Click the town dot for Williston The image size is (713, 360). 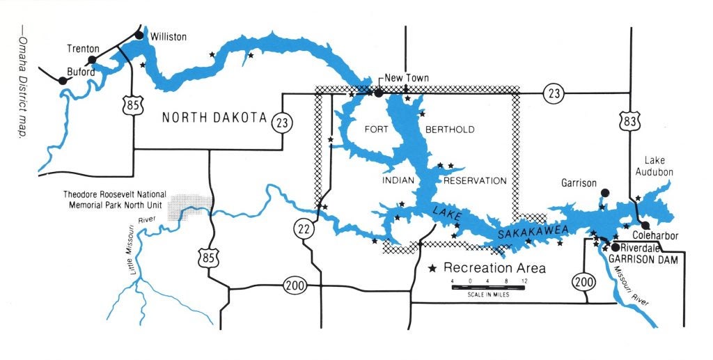(x=139, y=36)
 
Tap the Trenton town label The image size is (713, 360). (x=84, y=49)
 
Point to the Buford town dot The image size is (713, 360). (x=63, y=81)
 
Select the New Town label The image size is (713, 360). (x=407, y=78)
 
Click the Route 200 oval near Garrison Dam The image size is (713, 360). (x=583, y=281)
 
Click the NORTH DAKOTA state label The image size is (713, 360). (x=215, y=118)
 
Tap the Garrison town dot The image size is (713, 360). (x=604, y=192)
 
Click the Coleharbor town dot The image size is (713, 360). (x=646, y=225)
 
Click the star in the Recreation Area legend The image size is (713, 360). (x=432, y=268)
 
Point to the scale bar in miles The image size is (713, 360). (x=487, y=287)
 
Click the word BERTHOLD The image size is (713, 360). (x=449, y=130)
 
